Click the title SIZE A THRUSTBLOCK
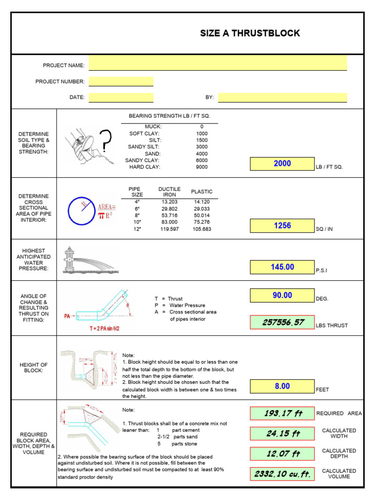pyautogui.click(x=250, y=33)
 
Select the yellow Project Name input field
pyautogui.click(x=218, y=63)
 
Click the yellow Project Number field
pyautogui.click(x=121, y=82)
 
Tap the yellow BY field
pyautogui.click(x=282, y=97)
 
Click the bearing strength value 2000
pyautogui.click(x=282, y=164)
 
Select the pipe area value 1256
pyautogui.click(x=282, y=226)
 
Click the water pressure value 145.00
pyautogui.click(x=282, y=267)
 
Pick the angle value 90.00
pyautogui.click(x=282, y=295)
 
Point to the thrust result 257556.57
pyautogui.click(x=282, y=322)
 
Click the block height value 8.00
pyautogui.click(x=282, y=386)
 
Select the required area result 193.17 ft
pyautogui.click(x=282, y=414)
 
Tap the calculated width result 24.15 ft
pyautogui.click(x=282, y=434)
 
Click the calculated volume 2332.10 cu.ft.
pyautogui.click(x=282, y=474)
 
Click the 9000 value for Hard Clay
pyautogui.click(x=202, y=167)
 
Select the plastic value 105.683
pyautogui.click(x=202, y=229)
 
